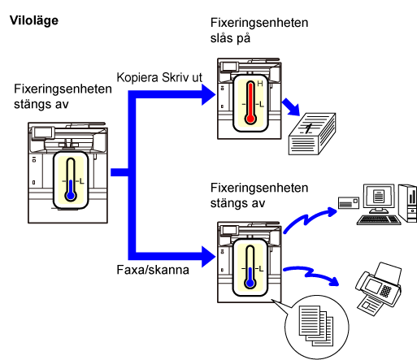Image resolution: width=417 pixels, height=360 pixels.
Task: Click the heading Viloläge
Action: tap(34, 21)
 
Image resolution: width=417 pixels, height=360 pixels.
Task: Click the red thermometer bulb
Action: tap(250, 119)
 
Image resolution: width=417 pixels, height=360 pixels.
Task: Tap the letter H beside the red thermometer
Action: tap(260, 84)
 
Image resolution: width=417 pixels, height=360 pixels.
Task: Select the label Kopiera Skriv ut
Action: tap(159, 77)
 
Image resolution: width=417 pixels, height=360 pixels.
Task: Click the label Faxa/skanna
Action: tap(153, 270)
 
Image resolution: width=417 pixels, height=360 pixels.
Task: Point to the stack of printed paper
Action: tap(312, 134)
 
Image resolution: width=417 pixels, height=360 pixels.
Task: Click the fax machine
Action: tap(379, 288)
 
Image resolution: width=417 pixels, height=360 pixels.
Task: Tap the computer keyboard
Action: tap(379, 220)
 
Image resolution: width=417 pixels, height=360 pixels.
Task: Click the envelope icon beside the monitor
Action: tap(349, 202)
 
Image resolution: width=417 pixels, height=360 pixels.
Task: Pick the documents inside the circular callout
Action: tap(316, 326)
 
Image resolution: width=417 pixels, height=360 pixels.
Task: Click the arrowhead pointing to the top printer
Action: tap(209, 94)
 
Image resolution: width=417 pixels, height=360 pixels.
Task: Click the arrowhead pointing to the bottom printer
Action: tap(209, 257)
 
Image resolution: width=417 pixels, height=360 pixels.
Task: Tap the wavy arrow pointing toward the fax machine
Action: tap(311, 274)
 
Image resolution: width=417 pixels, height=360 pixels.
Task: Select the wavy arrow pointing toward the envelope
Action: tap(309, 220)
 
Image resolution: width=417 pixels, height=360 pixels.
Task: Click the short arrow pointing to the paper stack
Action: tap(291, 107)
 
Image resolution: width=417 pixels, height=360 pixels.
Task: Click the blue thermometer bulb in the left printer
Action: tap(71, 195)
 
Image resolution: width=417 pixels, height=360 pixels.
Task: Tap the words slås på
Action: tap(230, 38)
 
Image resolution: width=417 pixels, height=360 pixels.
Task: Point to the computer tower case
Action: tap(408, 203)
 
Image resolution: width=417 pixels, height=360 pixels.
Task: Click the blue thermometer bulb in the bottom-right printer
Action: tap(250, 283)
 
